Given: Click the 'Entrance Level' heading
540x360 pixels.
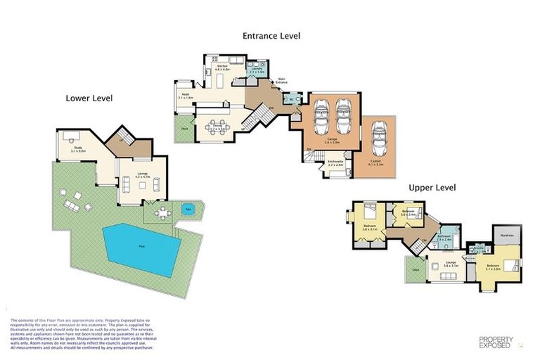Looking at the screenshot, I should (271, 35).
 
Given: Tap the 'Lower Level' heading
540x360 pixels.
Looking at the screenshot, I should (89, 98).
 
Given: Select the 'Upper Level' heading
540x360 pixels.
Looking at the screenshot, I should (432, 188).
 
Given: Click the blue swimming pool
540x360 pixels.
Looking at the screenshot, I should (141, 249).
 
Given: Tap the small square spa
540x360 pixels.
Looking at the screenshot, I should (188, 209).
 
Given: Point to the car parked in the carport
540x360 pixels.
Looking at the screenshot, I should (380, 137).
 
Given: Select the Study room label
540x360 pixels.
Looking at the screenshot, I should (78, 149).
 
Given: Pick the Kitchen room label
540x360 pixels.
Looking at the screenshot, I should (223, 68).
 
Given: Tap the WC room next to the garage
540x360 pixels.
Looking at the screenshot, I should (291, 99).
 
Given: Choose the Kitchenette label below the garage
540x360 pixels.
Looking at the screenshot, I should (335, 162).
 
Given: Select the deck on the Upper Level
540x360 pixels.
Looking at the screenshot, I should (414, 269).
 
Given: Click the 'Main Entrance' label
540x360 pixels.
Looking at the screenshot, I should (282, 80).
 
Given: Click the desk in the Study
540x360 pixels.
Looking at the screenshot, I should (70, 135).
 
